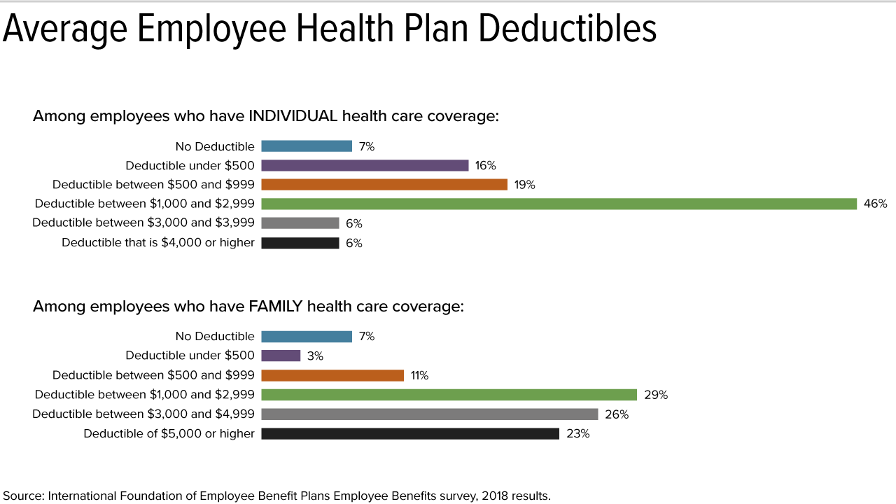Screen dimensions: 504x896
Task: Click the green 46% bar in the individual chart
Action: tap(559, 204)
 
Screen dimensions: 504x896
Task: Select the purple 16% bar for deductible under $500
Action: tap(365, 165)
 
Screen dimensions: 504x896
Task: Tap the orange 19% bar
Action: tap(384, 185)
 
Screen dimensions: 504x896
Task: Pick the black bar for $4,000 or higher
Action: tap(300, 243)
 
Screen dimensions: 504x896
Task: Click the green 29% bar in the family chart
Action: tap(449, 395)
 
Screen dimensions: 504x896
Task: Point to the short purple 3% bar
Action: tap(281, 356)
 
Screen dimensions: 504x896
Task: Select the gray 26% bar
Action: tap(429, 414)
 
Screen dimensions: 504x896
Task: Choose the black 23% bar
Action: tap(410, 434)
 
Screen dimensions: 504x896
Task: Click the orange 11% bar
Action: tap(332, 375)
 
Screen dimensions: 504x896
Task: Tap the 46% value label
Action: tap(875, 204)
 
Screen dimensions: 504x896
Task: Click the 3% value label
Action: tap(315, 356)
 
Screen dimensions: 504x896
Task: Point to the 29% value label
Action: tap(656, 395)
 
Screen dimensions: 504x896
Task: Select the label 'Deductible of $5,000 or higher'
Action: tap(169, 434)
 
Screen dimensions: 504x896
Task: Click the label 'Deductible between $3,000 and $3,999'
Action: tap(143, 223)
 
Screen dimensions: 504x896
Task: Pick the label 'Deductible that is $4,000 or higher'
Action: tap(158, 243)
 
